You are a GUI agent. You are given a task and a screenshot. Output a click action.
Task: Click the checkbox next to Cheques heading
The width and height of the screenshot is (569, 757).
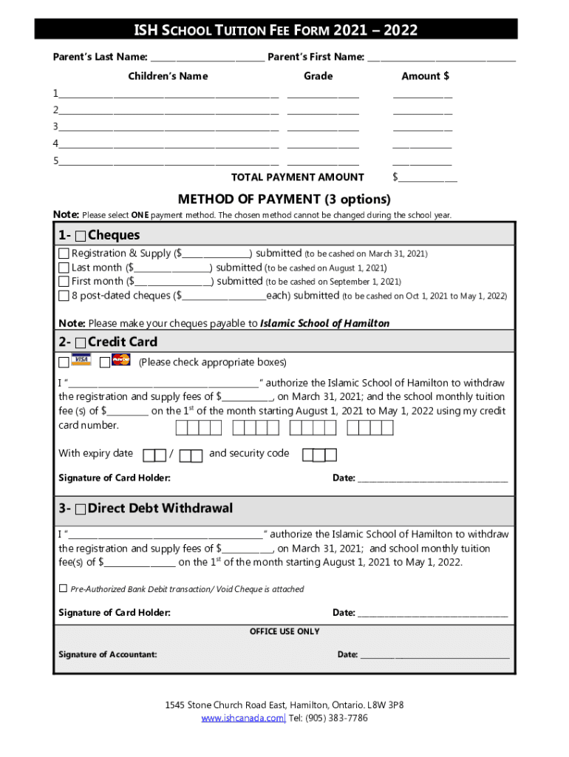click(x=80, y=236)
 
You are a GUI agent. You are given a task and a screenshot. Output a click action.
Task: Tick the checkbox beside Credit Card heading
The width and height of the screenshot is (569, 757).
click(x=80, y=342)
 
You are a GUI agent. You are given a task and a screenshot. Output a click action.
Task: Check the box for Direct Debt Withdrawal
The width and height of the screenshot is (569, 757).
click(x=80, y=509)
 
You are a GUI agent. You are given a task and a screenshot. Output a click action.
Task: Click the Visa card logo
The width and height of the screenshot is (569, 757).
click(x=81, y=361)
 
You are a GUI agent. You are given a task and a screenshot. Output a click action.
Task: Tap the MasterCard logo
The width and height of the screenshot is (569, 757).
click(x=120, y=361)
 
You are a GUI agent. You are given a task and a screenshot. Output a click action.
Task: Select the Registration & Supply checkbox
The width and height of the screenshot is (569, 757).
click(x=64, y=254)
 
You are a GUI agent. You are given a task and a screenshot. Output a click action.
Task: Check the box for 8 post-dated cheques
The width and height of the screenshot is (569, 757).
click(x=64, y=296)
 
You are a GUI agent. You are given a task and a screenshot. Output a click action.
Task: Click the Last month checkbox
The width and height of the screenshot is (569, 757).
click(x=64, y=268)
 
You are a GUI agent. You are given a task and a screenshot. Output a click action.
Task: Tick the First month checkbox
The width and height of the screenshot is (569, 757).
click(x=64, y=282)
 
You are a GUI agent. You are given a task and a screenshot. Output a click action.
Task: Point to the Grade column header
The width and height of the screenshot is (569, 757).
click(x=318, y=76)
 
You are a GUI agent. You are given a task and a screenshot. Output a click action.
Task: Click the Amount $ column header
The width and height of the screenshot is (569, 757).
click(x=425, y=76)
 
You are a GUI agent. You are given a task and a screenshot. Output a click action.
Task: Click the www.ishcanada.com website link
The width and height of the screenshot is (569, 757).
click(x=242, y=719)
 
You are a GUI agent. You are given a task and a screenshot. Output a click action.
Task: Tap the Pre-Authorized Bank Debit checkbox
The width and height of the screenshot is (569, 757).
click(x=63, y=588)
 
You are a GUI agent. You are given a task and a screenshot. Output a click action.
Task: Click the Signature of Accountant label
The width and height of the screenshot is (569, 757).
click(x=107, y=654)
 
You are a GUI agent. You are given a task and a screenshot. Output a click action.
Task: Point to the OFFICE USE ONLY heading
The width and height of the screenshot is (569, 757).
click(x=284, y=631)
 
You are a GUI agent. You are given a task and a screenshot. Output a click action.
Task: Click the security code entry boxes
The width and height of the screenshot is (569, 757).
click(x=320, y=455)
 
